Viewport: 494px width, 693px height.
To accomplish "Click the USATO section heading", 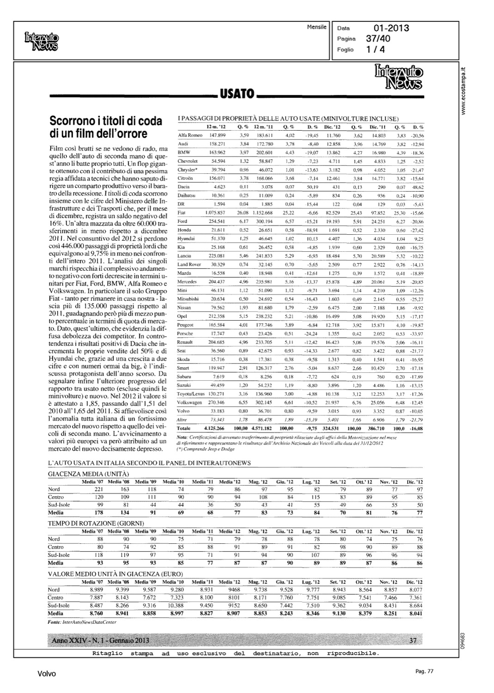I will pyautogui.click(x=237, y=95).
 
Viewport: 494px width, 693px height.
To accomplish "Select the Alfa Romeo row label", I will pyautogui.click(x=190, y=135).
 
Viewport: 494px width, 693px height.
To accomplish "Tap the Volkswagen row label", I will pyautogui.click(x=190, y=402).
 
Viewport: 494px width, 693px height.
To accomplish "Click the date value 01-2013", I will pyautogui.click(x=391, y=28).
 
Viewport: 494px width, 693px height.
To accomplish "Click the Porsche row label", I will pyautogui.click(x=186, y=334).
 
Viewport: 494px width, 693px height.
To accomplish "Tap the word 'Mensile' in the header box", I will pyautogui.click(x=317, y=27).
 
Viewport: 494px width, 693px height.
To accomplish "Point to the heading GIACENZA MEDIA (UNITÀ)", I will pyautogui.click(x=89, y=474).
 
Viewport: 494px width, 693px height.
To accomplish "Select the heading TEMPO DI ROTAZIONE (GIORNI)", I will pyautogui.click(x=96, y=523).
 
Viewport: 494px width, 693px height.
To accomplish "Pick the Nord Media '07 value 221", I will pyautogui.click(x=99, y=489).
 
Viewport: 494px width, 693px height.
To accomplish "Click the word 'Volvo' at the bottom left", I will pyautogui.click(x=47, y=674).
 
